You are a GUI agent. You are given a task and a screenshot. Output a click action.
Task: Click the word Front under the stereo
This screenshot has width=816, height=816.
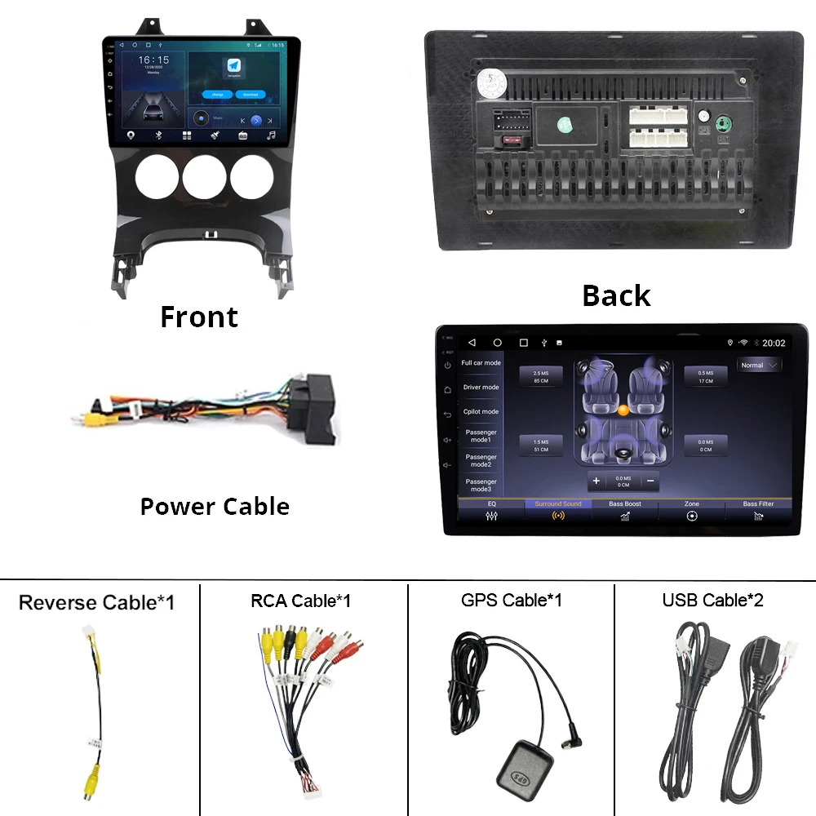(199, 317)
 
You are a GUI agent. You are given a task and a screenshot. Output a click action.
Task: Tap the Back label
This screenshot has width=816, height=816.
(616, 295)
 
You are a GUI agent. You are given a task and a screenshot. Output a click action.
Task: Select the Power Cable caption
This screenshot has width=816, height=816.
(215, 506)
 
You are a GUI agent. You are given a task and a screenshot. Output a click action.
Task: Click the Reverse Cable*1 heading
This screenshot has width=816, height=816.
(96, 603)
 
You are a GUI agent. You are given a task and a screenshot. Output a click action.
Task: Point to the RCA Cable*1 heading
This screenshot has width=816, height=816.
(300, 601)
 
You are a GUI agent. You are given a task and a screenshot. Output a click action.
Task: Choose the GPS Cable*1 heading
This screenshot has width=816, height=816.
(511, 601)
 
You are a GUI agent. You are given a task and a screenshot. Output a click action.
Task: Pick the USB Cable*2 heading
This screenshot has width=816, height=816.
(712, 601)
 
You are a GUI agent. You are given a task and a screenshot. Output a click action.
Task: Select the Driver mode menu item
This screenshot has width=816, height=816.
(481, 388)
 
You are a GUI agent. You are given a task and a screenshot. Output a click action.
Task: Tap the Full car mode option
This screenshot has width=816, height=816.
(481, 363)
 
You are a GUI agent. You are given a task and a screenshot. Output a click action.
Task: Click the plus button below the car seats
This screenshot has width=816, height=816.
(596, 481)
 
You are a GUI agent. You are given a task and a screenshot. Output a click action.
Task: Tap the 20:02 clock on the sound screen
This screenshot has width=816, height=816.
(774, 344)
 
